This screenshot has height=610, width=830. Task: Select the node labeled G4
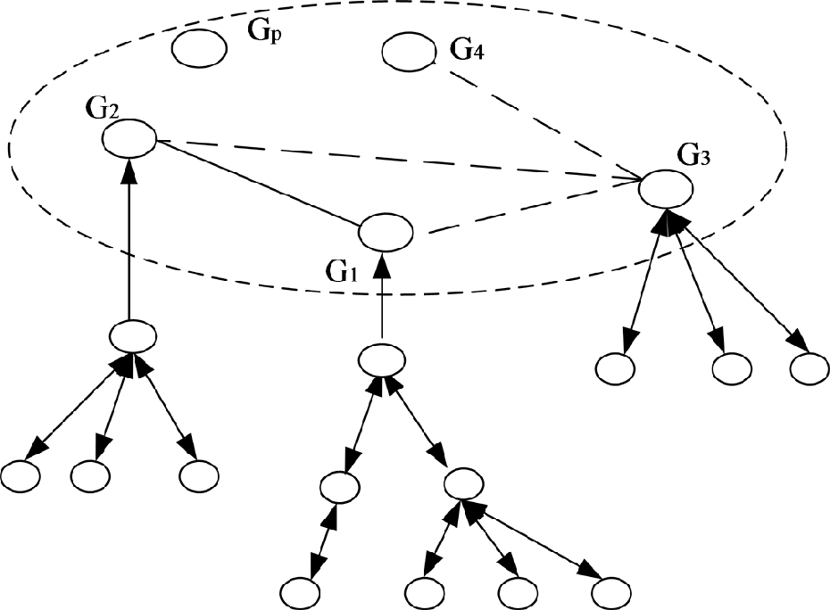tap(409, 52)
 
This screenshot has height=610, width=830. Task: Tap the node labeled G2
tap(129, 139)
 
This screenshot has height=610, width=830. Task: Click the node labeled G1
tap(386, 233)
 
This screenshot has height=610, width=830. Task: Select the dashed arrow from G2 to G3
tap(393, 160)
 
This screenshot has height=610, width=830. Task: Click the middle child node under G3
tap(733, 367)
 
